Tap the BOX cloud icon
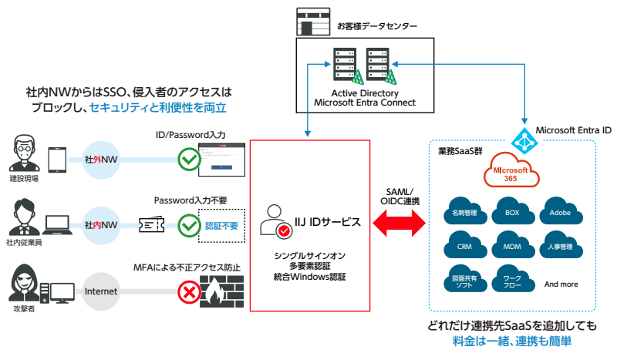[512, 210]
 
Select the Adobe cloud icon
[559, 210]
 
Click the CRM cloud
[464, 247]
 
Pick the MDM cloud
[512, 247]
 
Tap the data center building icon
[312, 21]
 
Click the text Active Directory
[364, 93]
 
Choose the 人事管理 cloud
[559, 247]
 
